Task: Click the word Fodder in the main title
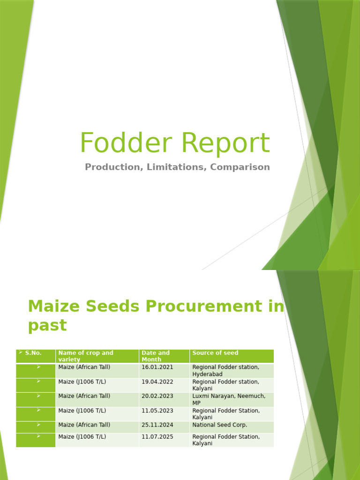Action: click(x=126, y=142)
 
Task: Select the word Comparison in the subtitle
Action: click(x=240, y=167)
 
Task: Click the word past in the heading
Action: click(x=47, y=326)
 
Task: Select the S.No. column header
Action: click(x=33, y=353)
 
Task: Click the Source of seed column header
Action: click(x=215, y=353)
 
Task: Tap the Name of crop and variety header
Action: click(x=86, y=356)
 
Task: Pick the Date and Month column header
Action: click(x=156, y=356)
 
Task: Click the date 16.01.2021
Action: click(x=157, y=367)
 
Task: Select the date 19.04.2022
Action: click(x=157, y=382)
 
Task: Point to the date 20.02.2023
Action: click(x=157, y=396)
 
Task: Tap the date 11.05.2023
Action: click(x=157, y=411)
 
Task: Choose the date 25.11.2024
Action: click(x=157, y=425)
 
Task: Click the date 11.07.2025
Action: click(x=157, y=437)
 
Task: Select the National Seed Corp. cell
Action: click(x=220, y=425)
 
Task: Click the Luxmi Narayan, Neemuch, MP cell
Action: click(x=229, y=399)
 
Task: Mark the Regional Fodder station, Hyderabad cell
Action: click(x=226, y=370)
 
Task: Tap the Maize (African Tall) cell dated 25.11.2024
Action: click(x=84, y=425)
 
